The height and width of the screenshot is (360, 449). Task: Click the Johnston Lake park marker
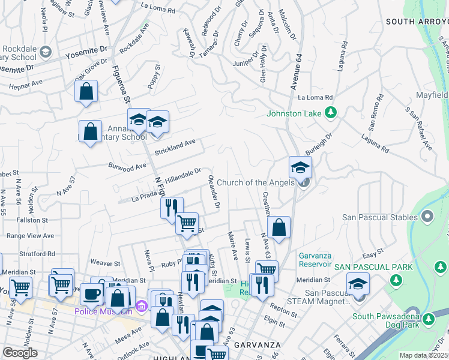(x=330, y=112)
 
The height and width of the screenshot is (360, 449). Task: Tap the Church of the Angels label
(x=257, y=182)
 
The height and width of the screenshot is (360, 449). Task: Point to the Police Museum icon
(x=142, y=306)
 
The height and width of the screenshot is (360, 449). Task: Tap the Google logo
(x=20, y=353)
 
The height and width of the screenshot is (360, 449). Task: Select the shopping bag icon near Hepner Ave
(x=86, y=92)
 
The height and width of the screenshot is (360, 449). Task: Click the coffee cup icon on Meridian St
(x=91, y=294)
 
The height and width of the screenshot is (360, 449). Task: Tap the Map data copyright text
(x=423, y=355)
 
